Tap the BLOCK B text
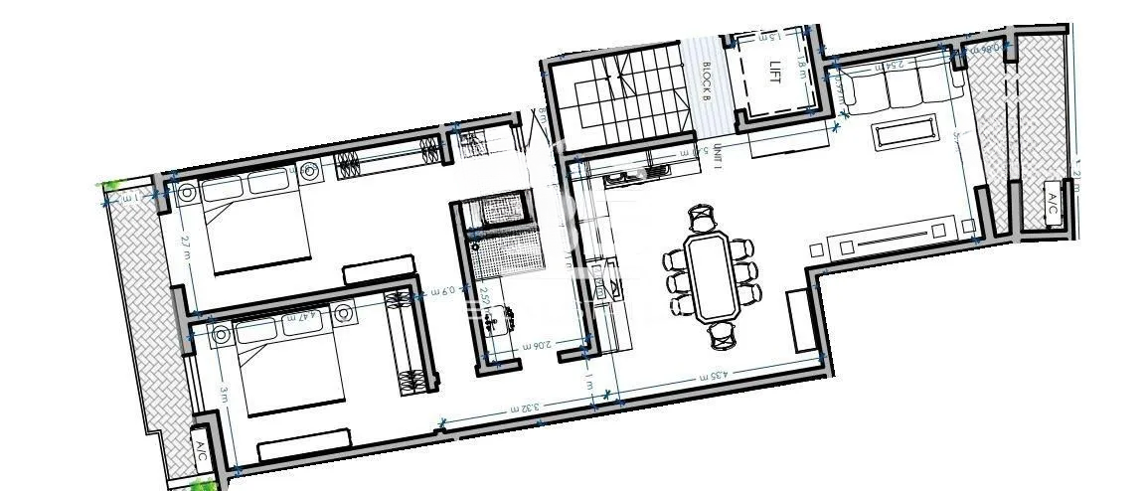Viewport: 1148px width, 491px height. [x=706, y=81]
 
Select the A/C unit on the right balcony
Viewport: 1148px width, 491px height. [x=1053, y=205]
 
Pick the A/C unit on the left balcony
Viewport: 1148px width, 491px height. [x=201, y=454]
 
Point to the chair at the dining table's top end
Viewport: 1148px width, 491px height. [x=703, y=216]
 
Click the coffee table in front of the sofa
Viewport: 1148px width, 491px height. [x=904, y=132]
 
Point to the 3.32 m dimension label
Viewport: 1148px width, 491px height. [x=523, y=407]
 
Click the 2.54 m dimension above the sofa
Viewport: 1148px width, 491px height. [x=894, y=66]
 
